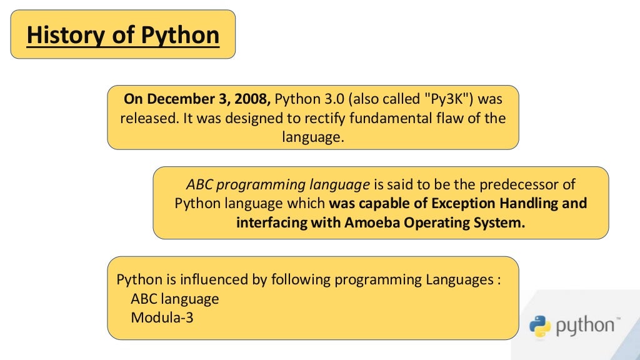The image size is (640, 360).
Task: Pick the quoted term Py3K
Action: click(x=446, y=99)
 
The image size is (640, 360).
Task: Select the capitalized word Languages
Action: click(x=459, y=280)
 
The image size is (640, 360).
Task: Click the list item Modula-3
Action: click(x=162, y=317)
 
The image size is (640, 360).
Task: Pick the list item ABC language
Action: click(x=175, y=299)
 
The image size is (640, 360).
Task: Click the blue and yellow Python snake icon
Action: click(x=540, y=326)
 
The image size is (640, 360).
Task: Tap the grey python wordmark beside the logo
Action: click(x=585, y=326)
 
